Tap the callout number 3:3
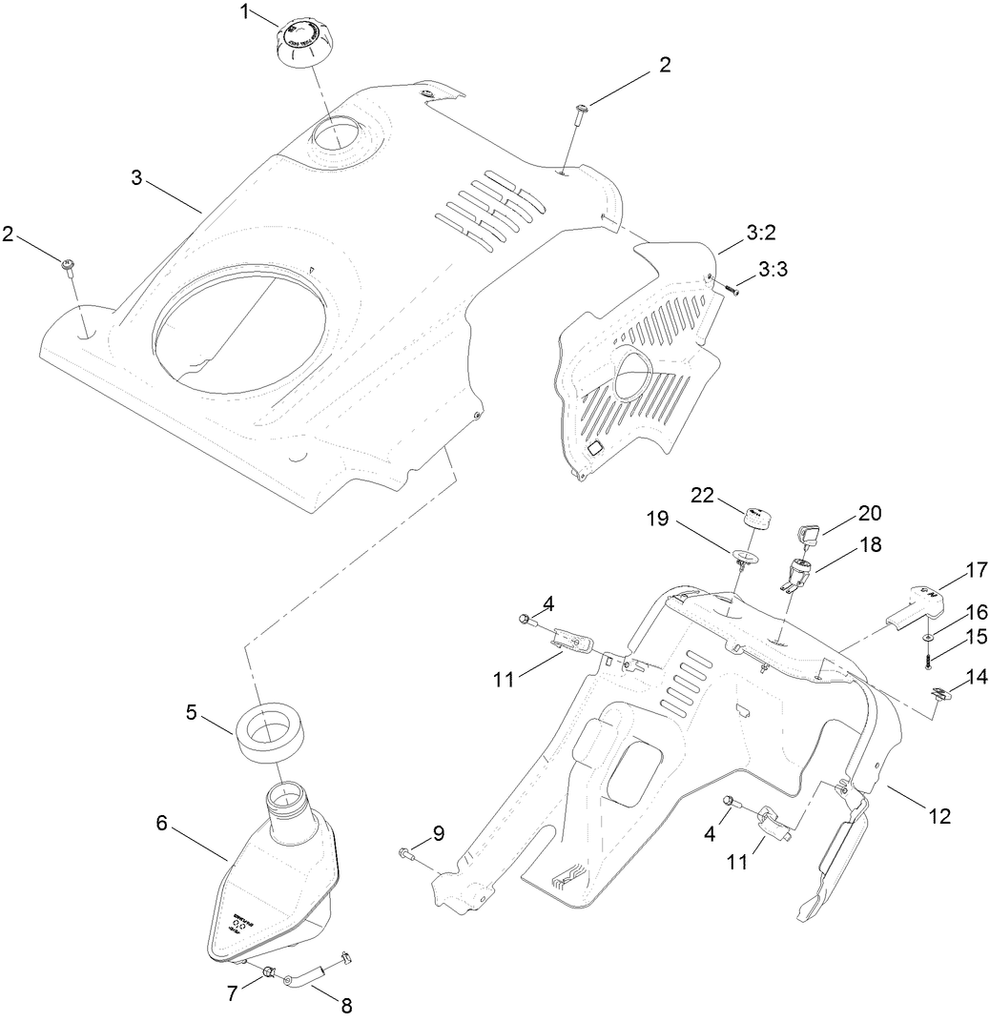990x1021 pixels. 773,271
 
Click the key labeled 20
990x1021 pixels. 809,534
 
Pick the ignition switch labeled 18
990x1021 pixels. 797,574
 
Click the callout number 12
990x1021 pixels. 938,816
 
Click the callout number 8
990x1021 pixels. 346,1004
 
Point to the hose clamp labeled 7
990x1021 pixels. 270,973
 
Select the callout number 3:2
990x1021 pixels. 760,232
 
